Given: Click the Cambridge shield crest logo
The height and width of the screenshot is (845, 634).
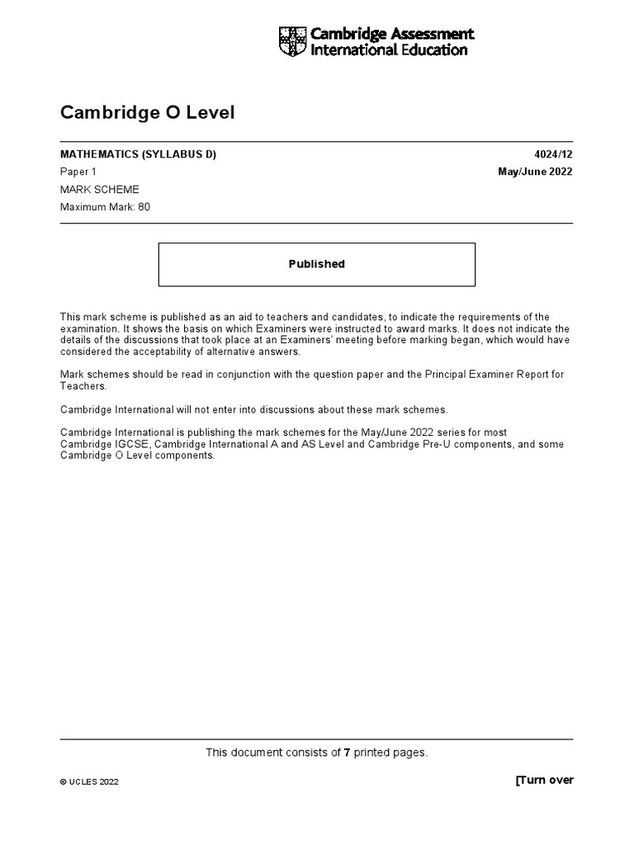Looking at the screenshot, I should coord(292,41).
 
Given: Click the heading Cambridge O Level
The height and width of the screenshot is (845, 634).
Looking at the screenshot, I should coord(148,113).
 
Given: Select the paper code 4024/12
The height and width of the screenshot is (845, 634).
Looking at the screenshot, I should coord(553,155).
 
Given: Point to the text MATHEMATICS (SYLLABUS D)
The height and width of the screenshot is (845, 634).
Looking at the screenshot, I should coord(139,155).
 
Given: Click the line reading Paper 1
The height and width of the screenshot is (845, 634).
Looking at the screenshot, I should coord(78,172).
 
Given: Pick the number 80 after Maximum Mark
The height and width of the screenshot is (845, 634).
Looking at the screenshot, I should coord(144,207).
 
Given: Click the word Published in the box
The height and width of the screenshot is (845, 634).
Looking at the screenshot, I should coord(316,264).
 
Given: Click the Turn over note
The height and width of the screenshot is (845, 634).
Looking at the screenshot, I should coord(544,780).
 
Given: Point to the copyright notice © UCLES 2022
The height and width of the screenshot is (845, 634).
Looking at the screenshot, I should coord(89,782).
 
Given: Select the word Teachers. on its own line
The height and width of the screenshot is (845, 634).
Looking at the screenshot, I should coord(83,386).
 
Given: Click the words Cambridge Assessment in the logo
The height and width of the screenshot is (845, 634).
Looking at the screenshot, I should coord(392,34).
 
